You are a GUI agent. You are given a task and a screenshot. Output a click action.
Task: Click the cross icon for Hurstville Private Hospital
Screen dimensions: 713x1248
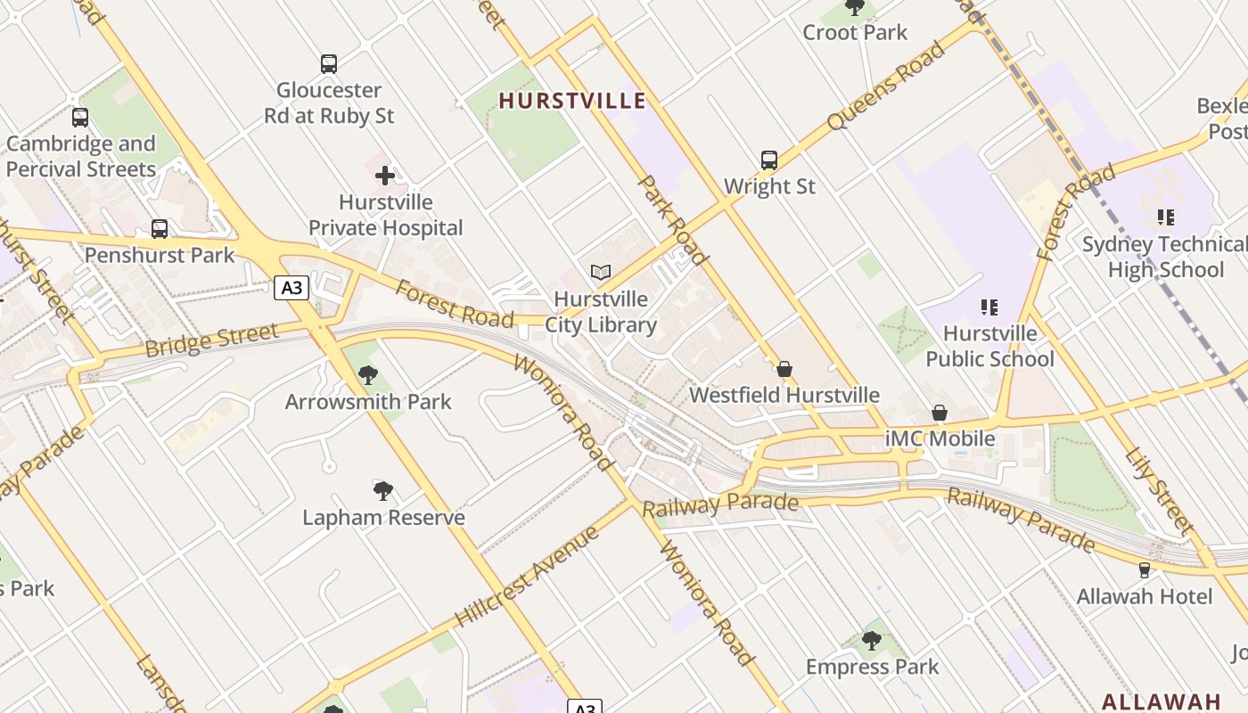[385, 176]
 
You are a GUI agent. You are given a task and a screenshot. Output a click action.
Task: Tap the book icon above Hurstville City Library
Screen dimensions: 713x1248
[601, 273]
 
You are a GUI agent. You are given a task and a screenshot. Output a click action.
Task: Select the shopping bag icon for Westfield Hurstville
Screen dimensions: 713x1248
[784, 369]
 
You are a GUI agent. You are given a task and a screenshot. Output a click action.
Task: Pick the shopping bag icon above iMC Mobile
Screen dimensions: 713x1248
[940, 413]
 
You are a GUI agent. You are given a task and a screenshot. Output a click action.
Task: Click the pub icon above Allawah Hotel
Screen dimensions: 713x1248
[1145, 570]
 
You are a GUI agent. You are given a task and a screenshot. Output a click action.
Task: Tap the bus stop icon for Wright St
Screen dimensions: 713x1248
[769, 160]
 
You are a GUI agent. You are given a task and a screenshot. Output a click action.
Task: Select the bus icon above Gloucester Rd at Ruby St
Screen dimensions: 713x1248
[329, 64]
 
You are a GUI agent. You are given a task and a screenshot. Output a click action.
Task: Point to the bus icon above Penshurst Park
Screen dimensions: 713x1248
[160, 229]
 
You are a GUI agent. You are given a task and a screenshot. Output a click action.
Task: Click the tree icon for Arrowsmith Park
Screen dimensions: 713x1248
[368, 375]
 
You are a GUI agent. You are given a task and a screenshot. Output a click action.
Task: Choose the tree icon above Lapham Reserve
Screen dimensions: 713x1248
[383, 490]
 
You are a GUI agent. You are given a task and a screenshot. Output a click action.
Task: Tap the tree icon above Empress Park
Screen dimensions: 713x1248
[872, 640]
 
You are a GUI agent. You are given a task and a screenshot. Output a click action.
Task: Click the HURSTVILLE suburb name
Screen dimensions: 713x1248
[571, 101]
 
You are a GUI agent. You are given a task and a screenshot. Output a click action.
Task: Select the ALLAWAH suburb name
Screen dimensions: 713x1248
[1161, 701]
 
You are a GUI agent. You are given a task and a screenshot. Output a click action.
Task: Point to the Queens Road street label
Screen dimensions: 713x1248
[884, 86]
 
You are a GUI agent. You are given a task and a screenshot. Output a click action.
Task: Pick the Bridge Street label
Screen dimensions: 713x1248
[211, 340]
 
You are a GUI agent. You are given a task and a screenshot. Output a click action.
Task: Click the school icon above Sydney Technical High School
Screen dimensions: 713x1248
[1164, 217]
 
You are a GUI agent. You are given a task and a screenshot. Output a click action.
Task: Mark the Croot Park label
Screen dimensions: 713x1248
[855, 33]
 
